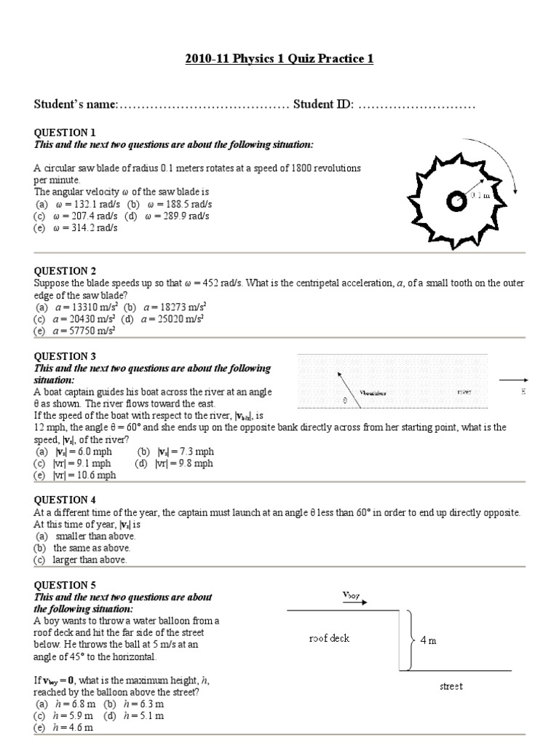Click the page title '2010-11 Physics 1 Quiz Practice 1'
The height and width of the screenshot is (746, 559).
tap(279, 58)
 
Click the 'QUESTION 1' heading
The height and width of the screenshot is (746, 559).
tap(66, 133)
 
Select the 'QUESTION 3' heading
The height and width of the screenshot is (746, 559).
tap(66, 356)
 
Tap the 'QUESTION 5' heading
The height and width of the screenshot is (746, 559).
tap(66, 585)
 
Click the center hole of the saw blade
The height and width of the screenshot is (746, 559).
tap(456, 203)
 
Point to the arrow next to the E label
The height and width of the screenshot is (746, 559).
tap(513, 379)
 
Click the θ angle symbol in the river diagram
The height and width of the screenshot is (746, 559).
tap(344, 401)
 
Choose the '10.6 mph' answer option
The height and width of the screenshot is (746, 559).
tap(80, 475)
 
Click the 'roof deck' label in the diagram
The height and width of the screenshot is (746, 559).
tap(329, 638)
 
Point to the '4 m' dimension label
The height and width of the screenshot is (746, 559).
tap(428, 641)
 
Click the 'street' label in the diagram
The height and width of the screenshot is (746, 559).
tap(451, 686)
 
